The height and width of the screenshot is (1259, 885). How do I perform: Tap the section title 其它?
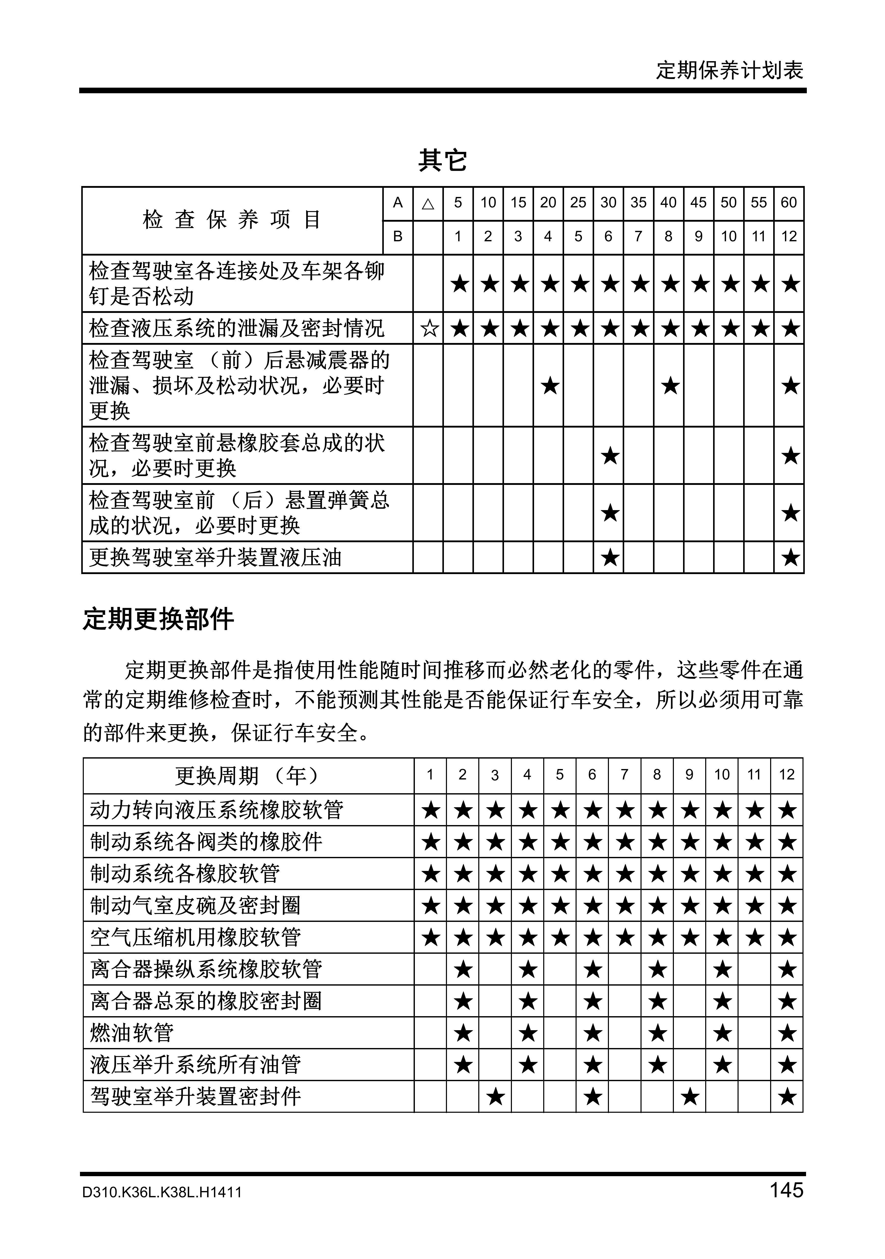pyautogui.click(x=442, y=160)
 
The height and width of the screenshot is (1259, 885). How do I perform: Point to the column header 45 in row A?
pyautogui.click(x=698, y=203)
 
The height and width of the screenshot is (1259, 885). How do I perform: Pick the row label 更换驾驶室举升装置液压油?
pyautogui.click(x=215, y=558)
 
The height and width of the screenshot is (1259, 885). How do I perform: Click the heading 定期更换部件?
pyautogui.click(x=158, y=620)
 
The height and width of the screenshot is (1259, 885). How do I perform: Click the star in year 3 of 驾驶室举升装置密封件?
pyautogui.click(x=495, y=1097)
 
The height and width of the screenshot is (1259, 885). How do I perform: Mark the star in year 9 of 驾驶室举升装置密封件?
pyautogui.click(x=690, y=1097)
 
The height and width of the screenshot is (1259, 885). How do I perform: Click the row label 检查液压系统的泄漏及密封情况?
pyautogui.click(x=237, y=328)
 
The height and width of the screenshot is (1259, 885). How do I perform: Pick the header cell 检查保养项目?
pyautogui.click(x=232, y=220)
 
